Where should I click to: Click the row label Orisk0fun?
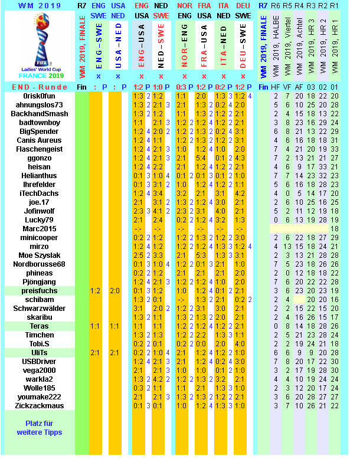pos(39,96)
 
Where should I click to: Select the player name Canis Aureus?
pos(39,140)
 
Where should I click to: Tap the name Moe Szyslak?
pos(39,255)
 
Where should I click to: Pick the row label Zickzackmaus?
pos(39,405)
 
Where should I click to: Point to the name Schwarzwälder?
pos(39,309)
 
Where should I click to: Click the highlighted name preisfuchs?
pos(39,291)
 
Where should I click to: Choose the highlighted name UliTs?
pos(39,352)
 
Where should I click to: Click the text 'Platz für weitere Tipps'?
pos(39,428)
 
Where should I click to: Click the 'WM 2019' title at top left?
pos(39,5)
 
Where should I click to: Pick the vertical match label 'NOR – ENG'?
pos(184,45)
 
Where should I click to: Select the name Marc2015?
pos(39,229)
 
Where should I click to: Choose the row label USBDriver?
pos(39,361)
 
